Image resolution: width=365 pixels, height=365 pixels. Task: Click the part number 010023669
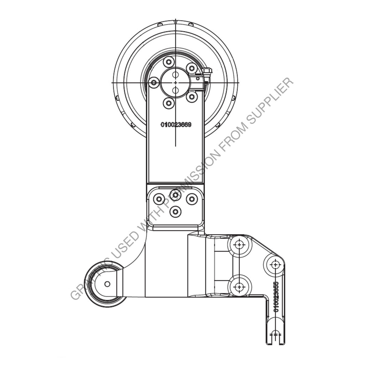pyautogui.click(x=176, y=125)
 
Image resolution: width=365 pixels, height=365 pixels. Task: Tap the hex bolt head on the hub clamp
pyautogui.click(x=206, y=71)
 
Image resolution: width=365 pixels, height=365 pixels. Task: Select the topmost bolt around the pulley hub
pyautogui.click(x=169, y=61)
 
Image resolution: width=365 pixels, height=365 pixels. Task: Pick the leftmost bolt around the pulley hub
pyautogui.click(x=154, y=83)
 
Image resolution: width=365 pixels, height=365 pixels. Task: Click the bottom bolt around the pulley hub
pyautogui.click(x=169, y=103)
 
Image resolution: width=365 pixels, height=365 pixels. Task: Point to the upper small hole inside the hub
pyautogui.click(x=175, y=75)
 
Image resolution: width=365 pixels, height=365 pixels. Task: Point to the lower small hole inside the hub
pyautogui.click(x=175, y=90)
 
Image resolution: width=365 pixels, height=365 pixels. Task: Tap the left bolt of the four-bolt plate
pyautogui.click(x=159, y=199)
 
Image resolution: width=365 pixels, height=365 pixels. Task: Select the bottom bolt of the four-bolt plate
pyautogui.click(x=175, y=212)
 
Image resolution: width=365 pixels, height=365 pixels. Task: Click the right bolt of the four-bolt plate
pyautogui.click(x=192, y=199)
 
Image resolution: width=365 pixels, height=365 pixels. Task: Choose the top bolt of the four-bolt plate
pyautogui.click(x=175, y=195)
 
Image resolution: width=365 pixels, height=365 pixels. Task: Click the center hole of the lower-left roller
pyautogui.click(x=107, y=284)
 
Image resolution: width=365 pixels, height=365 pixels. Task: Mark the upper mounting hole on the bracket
pyautogui.click(x=240, y=245)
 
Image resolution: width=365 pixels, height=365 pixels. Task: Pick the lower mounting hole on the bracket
pyautogui.click(x=240, y=287)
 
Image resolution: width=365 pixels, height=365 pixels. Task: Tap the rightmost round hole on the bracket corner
pyautogui.click(x=275, y=264)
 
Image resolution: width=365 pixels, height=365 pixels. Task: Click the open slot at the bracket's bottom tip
pyautogui.click(x=275, y=335)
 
